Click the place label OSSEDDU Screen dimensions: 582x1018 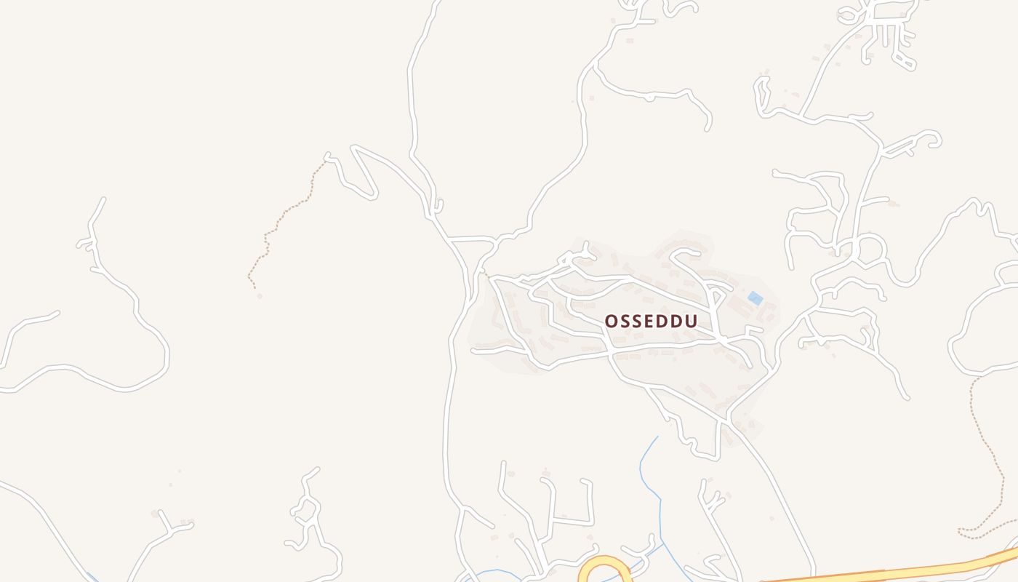(x=651, y=322)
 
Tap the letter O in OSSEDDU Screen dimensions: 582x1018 (x=612, y=322)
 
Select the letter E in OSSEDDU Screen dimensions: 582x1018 (x=650, y=322)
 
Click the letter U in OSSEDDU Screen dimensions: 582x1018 (x=691, y=322)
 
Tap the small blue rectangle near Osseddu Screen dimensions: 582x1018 (x=756, y=298)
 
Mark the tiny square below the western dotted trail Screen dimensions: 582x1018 (x=260, y=296)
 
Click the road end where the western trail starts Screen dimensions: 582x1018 (x=327, y=156)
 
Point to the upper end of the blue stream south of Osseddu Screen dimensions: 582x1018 (x=657, y=437)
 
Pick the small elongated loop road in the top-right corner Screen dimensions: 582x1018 (x=904, y=60)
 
